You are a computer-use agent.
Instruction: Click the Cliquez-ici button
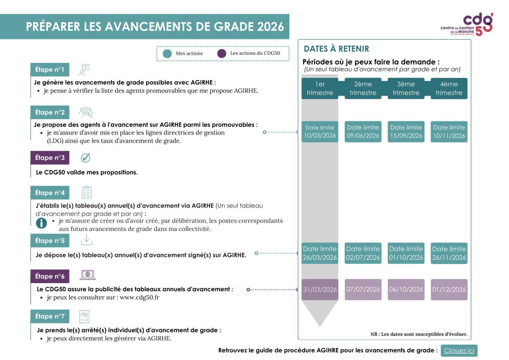click(x=459, y=351)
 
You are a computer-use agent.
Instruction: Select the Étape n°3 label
click(x=50, y=158)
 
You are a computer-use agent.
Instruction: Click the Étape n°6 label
click(x=50, y=276)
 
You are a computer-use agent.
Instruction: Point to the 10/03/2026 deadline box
click(x=320, y=132)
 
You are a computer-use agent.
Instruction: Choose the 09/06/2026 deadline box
click(x=363, y=132)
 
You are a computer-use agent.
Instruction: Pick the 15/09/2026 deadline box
click(x=406, y=132)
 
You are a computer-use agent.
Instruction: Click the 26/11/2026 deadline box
click(x=449, y=253)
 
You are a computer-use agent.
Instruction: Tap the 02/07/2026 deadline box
click(x=363, y=253)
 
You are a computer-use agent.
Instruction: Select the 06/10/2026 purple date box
click(x=406, y=290)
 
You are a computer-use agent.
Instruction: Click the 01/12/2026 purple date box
click(x=449, y=290)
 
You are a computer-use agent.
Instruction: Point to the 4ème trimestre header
click(x=449, y=88)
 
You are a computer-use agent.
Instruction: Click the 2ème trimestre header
click(x=363, y=88)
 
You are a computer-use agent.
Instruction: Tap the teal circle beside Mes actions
click(x=167, y=53)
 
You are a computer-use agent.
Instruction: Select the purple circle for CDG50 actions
click(x=221, y=53)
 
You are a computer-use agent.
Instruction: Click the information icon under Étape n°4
click(x=41, y=223)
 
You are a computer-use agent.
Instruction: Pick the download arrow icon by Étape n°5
click(x=87, y=240)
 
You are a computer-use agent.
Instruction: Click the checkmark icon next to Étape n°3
click(x=86, y=157)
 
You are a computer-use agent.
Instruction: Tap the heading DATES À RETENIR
click(x=336, y=49)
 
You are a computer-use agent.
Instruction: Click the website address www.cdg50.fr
click(x=140, y=298)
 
